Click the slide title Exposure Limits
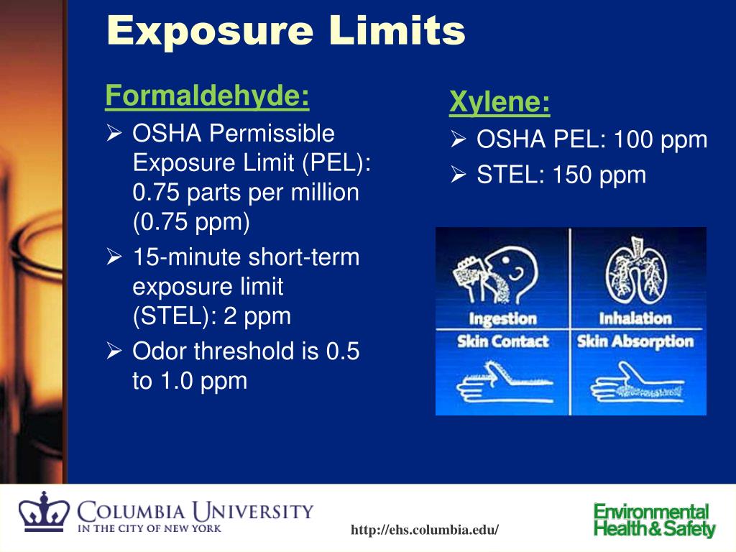click(285, 31)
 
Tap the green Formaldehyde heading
click(207, 96)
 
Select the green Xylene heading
click(500, 103)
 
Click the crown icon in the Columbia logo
click(44, 513)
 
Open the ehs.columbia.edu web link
click(424, 530)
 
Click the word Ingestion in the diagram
click(502, 318)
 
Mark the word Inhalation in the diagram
click(635, 318)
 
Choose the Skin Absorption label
click(635, 341)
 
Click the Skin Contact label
click(502, 341)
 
